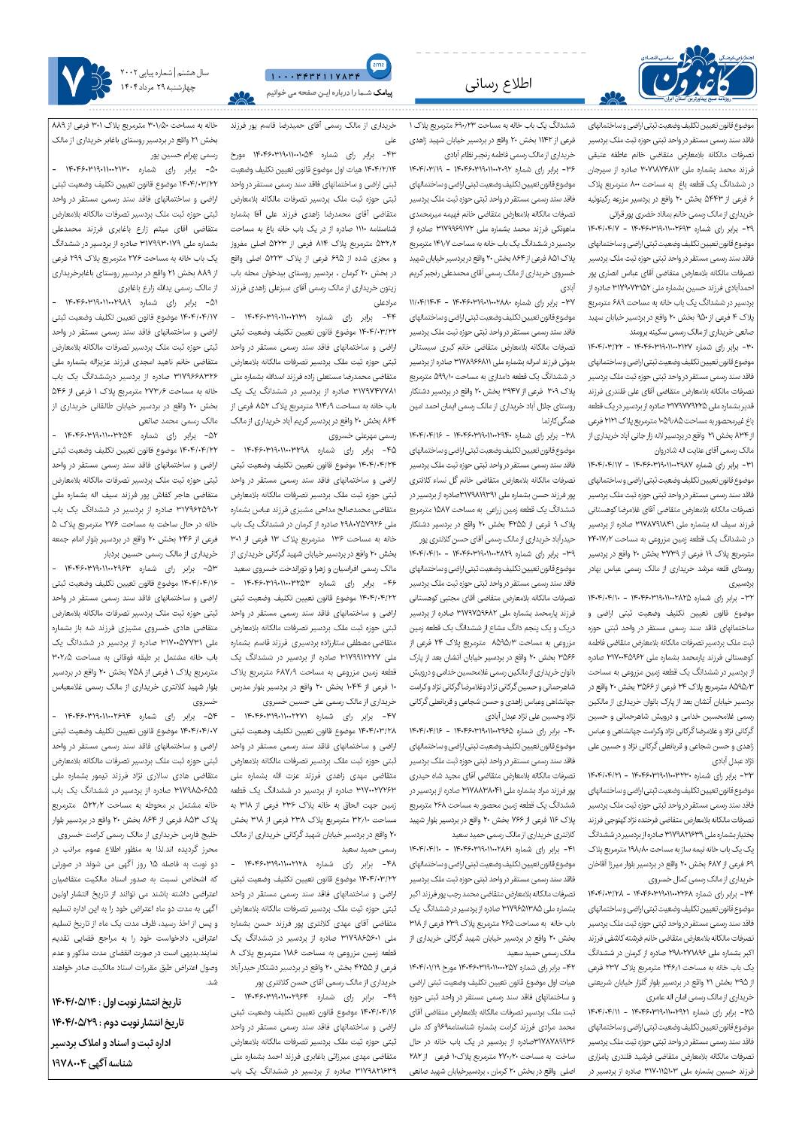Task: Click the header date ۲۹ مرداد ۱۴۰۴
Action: coord(144,87)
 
